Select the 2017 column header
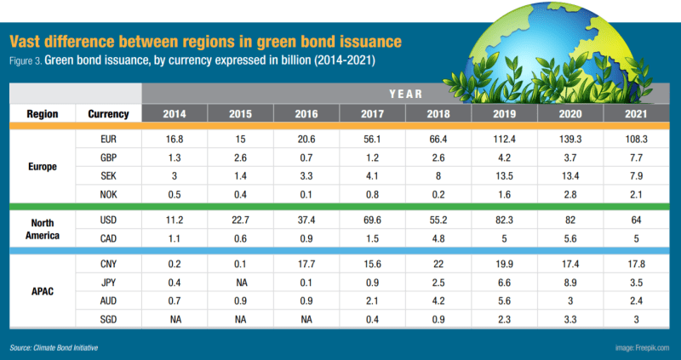pyautogui.click(x=372, y=114)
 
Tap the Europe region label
pyautogui.click(x=42, y=166)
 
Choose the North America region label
pyautogui.click(x=42, y=228)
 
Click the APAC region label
pyautogui.click(x=42, y=291)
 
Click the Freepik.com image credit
pyautogui.click(x=642, y=348)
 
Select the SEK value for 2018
pyautogui.click(x=438, y=174)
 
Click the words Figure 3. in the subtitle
pyautogui.click(x=28, y=61)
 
